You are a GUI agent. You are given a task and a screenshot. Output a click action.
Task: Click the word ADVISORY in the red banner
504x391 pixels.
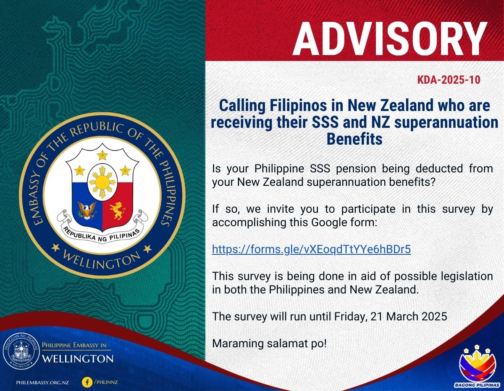pyautogui.click(x=390, y=39)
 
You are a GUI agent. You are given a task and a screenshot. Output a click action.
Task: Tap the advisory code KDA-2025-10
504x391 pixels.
pyautogui.click(x=449, y=80)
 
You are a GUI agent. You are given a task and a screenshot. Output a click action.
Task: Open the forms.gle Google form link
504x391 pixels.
pyautogui.click(x=311, y=249)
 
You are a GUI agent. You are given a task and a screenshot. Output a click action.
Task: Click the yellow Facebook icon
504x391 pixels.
pyautogui.click(x=87, y=382)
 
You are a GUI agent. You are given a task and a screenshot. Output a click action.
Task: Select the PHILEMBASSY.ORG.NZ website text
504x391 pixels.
pyautogui.click(x=42, y=383)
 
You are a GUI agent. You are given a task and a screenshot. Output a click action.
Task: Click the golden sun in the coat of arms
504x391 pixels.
pyautogui.click(x=102, y=182)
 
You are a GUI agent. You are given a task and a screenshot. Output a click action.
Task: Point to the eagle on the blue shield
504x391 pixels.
pyautogui.click(x=87, y=210)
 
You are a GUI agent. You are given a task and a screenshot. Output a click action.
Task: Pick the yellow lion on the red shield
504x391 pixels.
pyautogui.click(x=118, y=210)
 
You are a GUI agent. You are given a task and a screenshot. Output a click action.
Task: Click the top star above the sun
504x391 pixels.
pyautogui.click(x=102, y=155)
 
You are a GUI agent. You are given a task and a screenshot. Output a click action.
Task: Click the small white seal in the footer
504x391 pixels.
pyautogui.click(x=21, y=352)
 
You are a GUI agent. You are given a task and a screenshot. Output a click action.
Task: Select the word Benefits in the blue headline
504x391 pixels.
pyautogui.click(x=354, y=139)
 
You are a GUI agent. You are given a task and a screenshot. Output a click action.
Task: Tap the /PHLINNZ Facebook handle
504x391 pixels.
pyautogui.click(x=106, y=382)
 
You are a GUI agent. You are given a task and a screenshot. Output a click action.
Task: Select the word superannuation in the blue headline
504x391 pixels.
pyautogui.click(x=446, y=122)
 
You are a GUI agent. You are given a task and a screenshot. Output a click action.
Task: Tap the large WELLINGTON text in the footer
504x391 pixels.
pyautogui.click(x=78, y=359)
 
